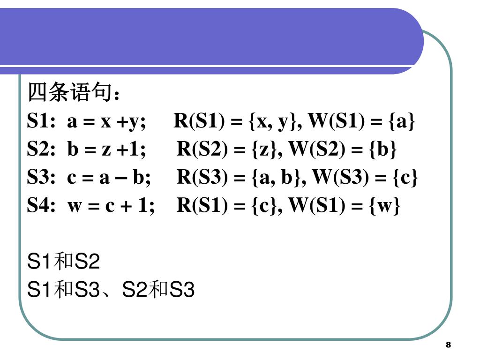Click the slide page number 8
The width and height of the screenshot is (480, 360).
click(x=448, y=345)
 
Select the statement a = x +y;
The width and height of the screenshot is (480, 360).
click(x=106, y=121)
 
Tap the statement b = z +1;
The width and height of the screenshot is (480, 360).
click(x=106, y=150)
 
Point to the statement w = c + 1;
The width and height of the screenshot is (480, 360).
click(x=111, y=206)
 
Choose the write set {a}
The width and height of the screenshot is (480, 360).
click(x=401, y=121)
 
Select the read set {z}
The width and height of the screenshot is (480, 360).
click(x=267, y=150)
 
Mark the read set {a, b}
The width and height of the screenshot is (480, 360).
click(x=278, y=178)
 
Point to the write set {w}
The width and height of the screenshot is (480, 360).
click(x=385, y=206)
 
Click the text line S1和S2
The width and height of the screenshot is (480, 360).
click(x=64, y=262)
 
